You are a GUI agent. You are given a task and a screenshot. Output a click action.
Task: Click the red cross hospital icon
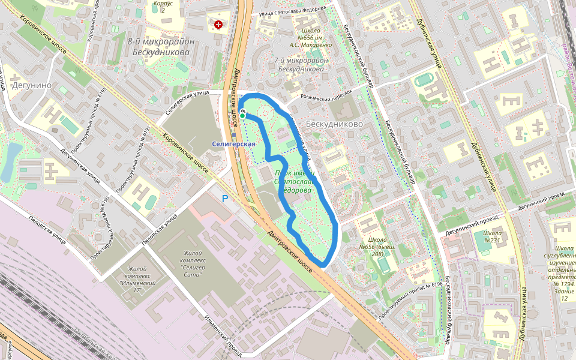(218, 25)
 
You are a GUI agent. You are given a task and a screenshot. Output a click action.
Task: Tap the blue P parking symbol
(226, 199)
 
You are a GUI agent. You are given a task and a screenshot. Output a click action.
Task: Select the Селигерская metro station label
(234, 144)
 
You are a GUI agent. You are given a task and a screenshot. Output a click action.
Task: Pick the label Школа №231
(492, 236)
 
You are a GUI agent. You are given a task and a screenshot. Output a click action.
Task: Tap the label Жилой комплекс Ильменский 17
(138, 279)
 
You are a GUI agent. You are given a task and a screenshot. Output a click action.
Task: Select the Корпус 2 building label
(163, 7)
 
